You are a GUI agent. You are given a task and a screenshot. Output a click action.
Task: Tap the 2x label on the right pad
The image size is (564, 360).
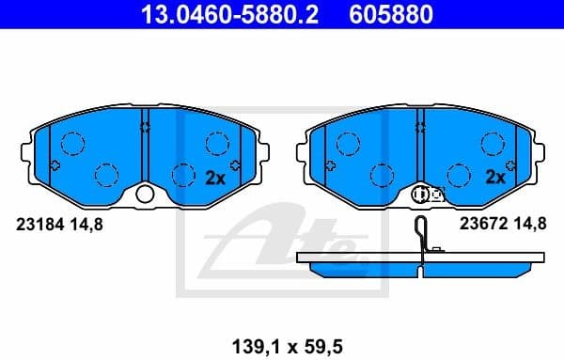tap(494, 176)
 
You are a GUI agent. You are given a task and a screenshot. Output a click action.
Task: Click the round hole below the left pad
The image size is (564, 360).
tap(145, 195)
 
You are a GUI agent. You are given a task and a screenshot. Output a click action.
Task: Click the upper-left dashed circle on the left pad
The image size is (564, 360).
tap(71, 143)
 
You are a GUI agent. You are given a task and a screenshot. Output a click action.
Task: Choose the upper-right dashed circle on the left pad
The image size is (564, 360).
tap(217, 143)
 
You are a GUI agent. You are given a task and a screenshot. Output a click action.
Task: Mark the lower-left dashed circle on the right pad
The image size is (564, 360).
tap(382, 175)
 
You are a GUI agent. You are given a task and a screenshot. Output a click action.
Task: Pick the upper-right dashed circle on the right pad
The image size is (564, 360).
tap(493, 143)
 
